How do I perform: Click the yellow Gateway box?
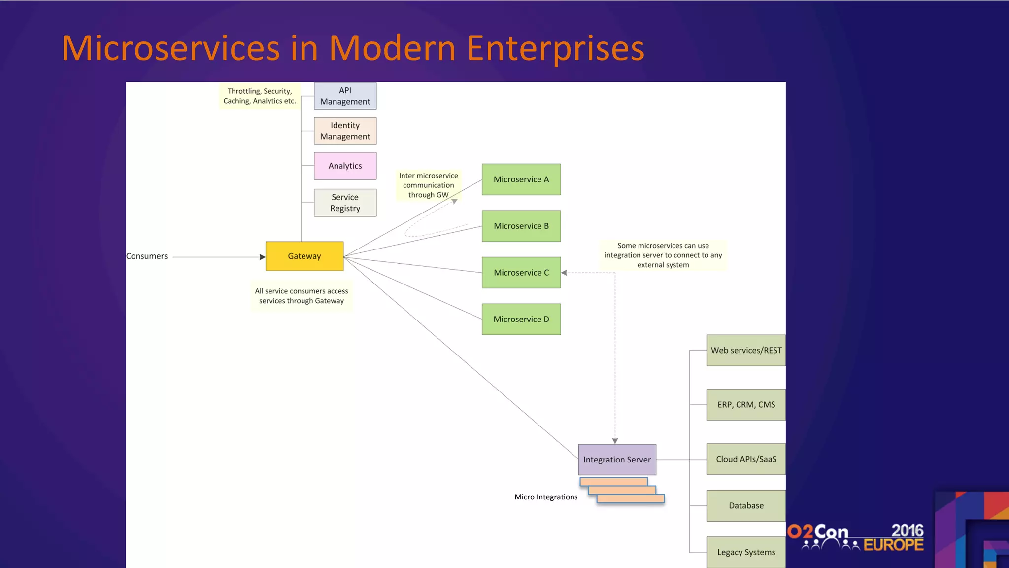(304, 256)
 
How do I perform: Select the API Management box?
(345, 96)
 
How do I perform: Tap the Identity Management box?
(345, 131)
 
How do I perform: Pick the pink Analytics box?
(345, 166)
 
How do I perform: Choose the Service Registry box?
(345, 203)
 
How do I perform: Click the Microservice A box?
(521, 179)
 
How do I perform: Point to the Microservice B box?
(521, 226)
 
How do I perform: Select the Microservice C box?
(521, 273)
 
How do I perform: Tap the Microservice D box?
(521, 319)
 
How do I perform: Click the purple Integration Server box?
(617, 460)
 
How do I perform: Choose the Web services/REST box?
(746, 350)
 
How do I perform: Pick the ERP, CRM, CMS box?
(746, 405)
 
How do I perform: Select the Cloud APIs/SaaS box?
(746, 459)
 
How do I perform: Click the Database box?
(746, 505)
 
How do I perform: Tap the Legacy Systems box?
(746, 552)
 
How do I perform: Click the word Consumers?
(147, 256)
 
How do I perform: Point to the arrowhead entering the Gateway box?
(262, 257)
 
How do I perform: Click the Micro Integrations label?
(546, 497)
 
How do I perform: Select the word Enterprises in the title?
(555, 48)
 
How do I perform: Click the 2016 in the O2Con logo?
(907, 531)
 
